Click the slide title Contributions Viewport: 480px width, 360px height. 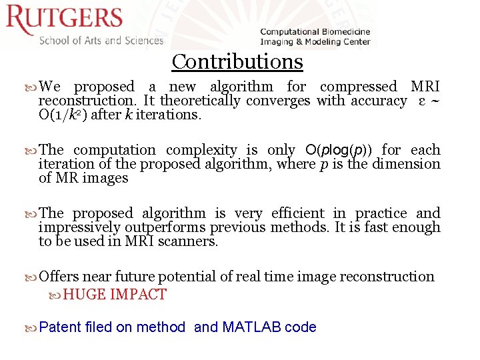(x=237, y=61)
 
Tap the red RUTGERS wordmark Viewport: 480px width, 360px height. (x=65, y=20)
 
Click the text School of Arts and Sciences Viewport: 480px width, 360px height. (x=101, y=40)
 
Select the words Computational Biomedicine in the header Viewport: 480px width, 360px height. (x=315, y=31)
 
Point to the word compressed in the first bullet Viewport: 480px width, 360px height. (x=358, y=87)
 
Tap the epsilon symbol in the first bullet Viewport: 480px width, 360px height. (x=421, y=101)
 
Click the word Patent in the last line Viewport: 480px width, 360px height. (x=60, y=327)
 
